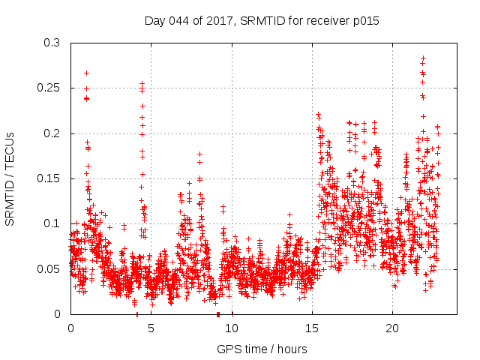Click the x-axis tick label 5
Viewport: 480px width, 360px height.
(x=151, y=328)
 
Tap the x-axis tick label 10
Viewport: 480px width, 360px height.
(x=232, y=328)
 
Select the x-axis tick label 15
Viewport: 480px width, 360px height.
(x=312, y=328)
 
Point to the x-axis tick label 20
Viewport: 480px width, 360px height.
(x=392, y=328)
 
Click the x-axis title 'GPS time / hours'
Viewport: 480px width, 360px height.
(x=262, y=349)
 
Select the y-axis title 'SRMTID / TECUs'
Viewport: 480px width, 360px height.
(x=10, y=178)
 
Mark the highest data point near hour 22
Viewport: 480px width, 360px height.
(x=424, y=58)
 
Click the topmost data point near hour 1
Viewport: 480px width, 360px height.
(x=87, y=73)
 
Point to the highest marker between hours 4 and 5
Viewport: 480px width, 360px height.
(x=142, y=83)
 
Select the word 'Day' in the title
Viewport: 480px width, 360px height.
(x=155, y=21)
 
